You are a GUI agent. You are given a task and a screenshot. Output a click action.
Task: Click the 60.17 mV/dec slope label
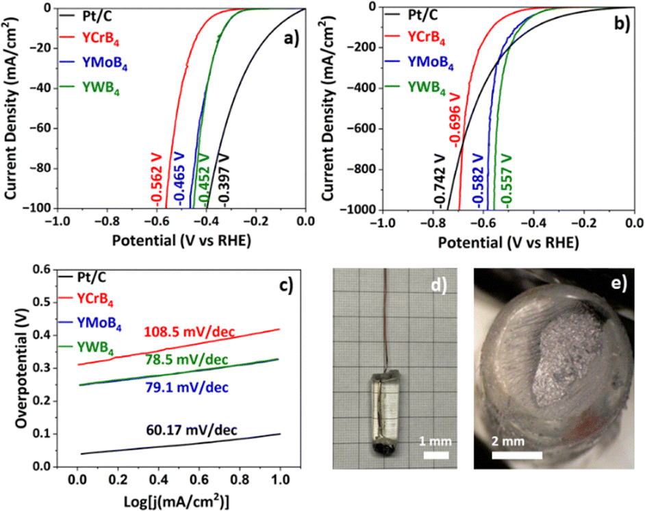[x=192, y=430]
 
